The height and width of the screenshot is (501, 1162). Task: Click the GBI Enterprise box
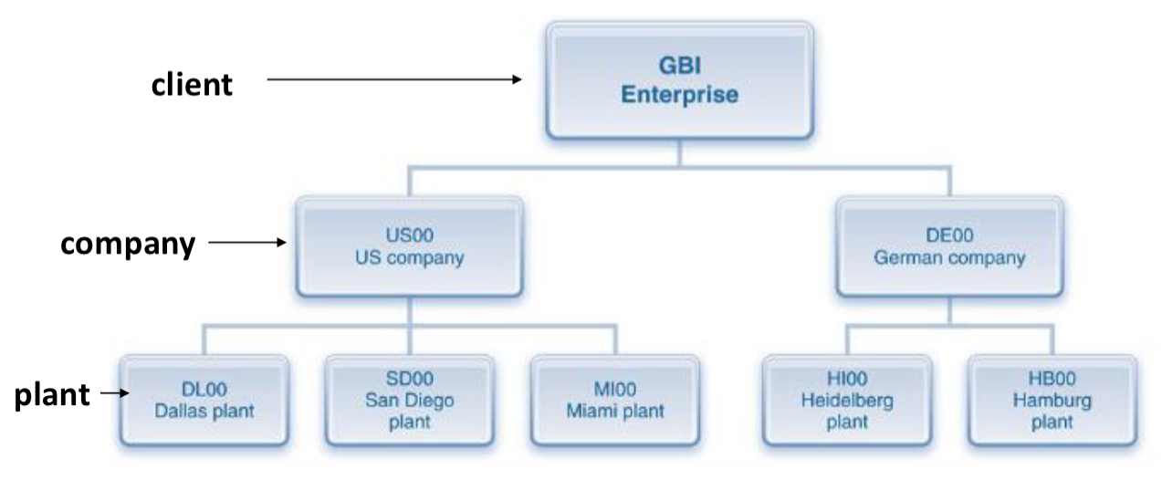(x=679, y=81)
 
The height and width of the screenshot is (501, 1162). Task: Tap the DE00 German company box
(x=949, y=246)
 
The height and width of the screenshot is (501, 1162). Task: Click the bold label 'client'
(x=192, y=85)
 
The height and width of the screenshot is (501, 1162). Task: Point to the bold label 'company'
(x=128, y=244)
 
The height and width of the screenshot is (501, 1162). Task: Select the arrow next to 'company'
(x=247, y=244)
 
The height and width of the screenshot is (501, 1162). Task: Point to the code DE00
(x=949, y=236)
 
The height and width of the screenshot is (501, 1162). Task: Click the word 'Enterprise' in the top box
(x=679, y=95)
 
